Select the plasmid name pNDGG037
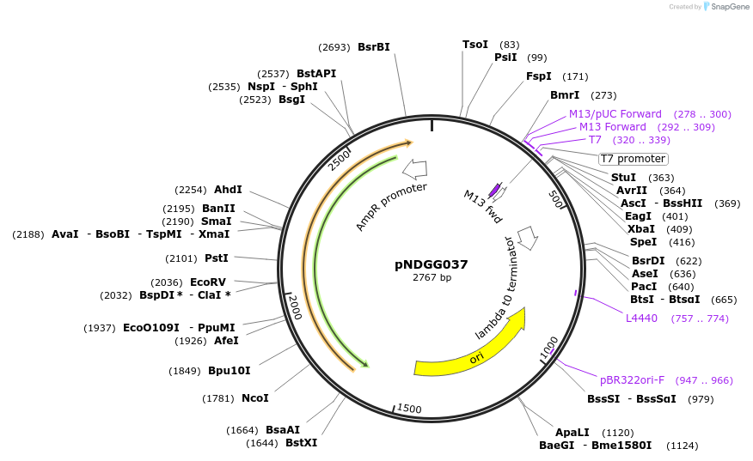pos(432,264)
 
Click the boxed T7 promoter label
pos(634,159)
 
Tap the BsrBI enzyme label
pos(374,47)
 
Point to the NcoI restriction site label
pos(255,398)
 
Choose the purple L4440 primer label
pos(641,318)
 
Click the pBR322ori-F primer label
pos(632,379)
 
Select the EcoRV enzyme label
pos(208,282)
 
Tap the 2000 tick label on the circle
pos(296,306)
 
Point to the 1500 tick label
pos(409,409)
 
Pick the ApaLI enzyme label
pos(572,433)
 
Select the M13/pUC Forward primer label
pos(615,114)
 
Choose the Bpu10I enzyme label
pos(230,371)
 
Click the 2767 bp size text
pos(432,277)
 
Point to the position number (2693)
pos(334,47)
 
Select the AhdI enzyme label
pos(228,190)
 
